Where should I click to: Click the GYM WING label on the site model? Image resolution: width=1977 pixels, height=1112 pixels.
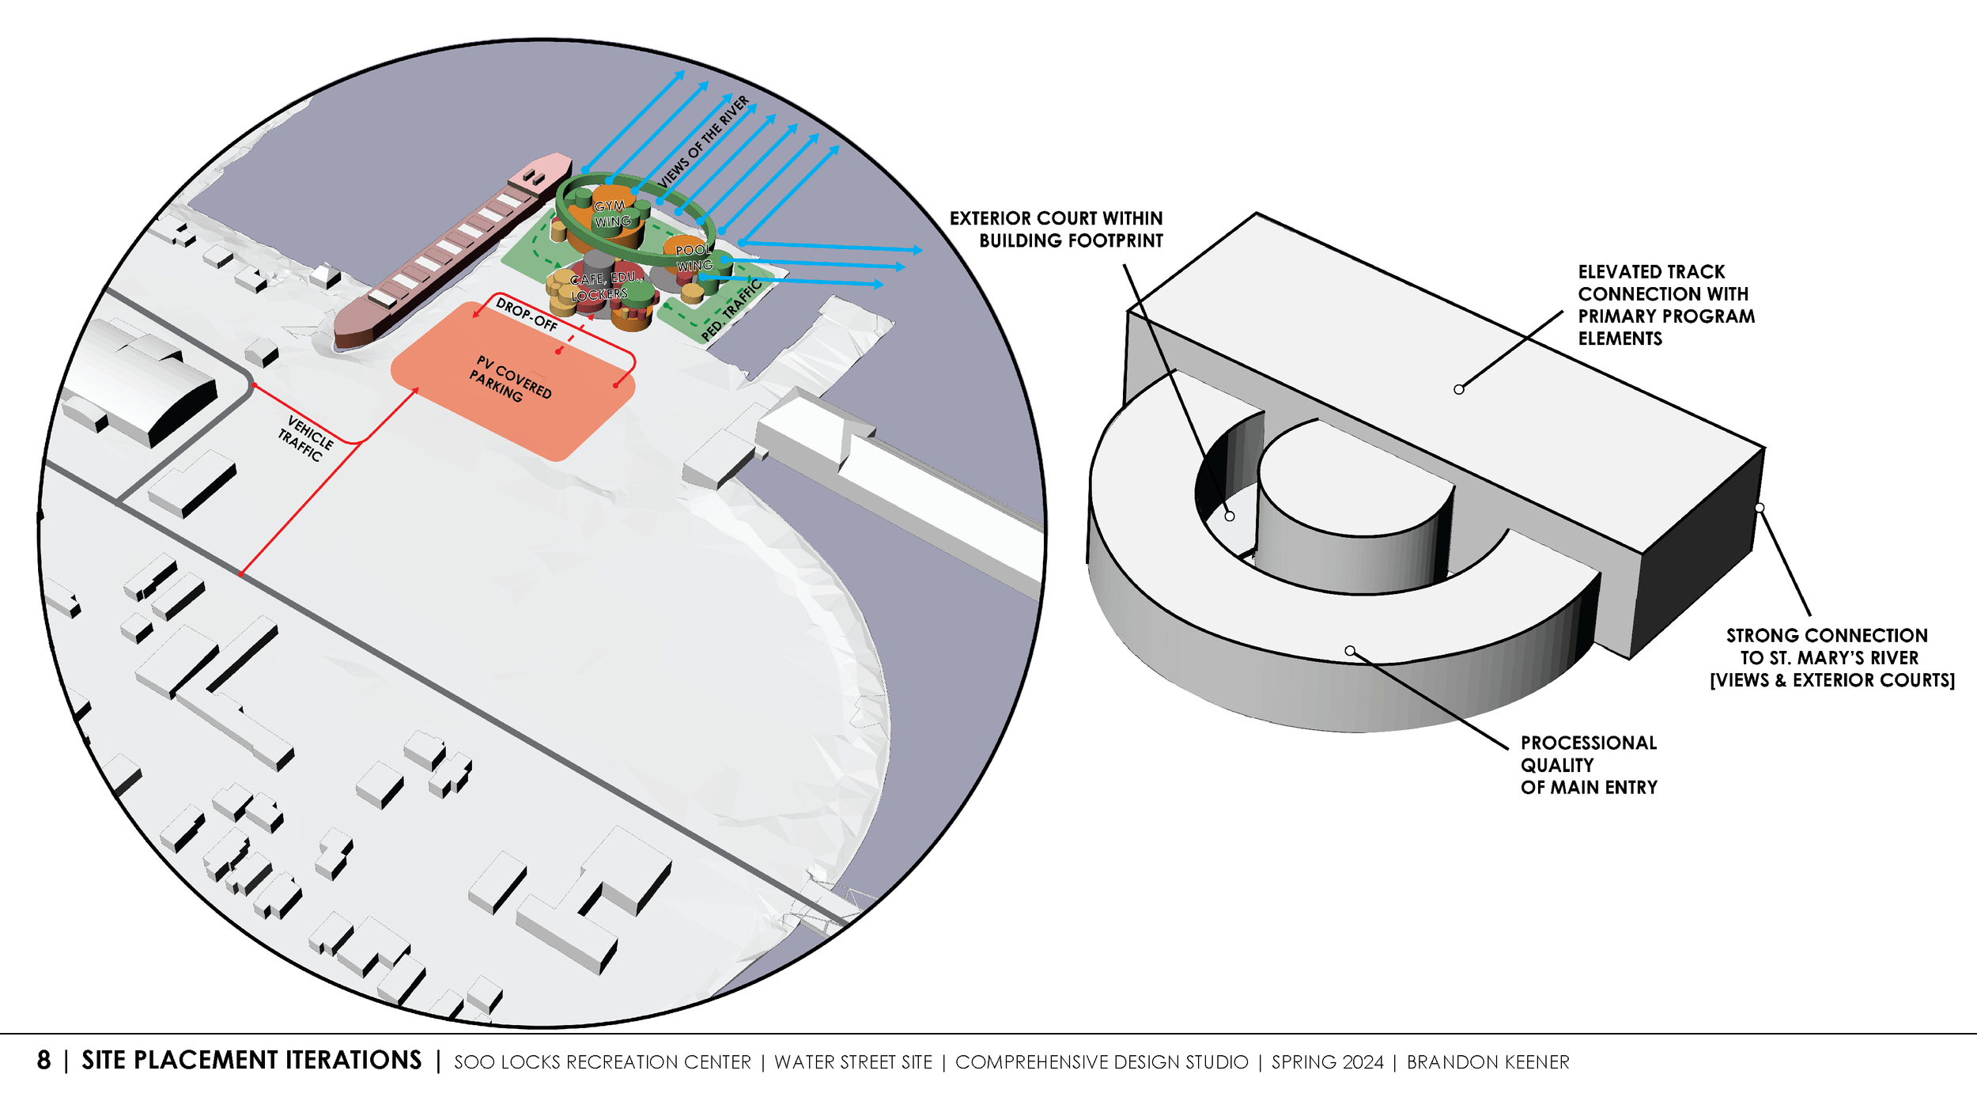611,214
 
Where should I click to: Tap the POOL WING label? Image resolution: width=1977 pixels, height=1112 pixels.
694,258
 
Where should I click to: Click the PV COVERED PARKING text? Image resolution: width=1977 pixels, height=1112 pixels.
510,380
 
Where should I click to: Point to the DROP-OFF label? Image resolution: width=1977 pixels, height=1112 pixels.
526,313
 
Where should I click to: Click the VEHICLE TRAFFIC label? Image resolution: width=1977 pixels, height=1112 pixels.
305,438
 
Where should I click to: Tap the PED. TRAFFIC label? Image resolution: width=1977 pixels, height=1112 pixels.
731,310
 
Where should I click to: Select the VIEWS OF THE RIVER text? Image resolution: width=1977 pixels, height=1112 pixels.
703,142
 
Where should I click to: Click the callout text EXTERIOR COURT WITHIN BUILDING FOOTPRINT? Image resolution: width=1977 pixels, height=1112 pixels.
1056,229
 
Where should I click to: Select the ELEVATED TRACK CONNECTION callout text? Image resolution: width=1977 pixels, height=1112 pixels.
1665,304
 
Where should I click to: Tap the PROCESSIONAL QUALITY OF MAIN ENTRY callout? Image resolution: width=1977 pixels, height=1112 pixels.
1588,765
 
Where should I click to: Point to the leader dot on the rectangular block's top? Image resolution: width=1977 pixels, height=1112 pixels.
1458,389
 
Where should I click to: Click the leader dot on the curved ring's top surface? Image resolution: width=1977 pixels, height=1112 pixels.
1350,651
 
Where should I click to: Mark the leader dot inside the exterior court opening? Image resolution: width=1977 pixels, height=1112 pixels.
1230,516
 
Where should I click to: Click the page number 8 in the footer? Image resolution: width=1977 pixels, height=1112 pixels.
43,1061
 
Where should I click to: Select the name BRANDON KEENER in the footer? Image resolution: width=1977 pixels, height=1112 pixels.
1487,1062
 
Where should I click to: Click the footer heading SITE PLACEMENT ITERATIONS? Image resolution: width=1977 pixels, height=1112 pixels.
251,1061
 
